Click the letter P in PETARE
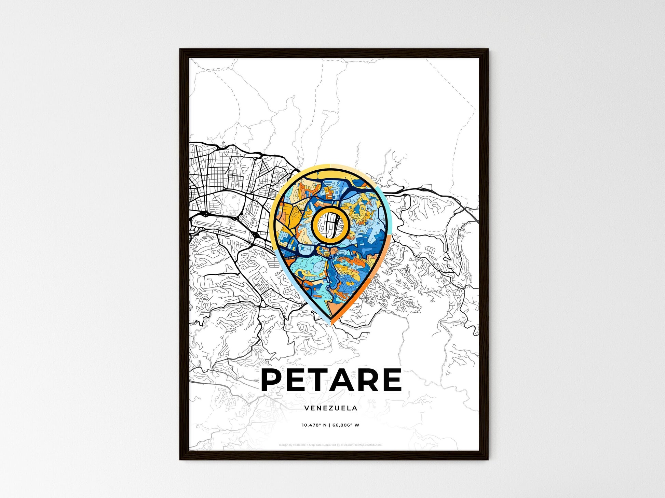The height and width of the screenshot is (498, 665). point(273,380)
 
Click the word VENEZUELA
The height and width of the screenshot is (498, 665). point(330,408)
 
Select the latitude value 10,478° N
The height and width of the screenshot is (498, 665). point(314,425)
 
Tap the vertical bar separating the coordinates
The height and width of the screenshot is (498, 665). point(330,425)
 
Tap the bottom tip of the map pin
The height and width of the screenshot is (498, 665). point(331,323)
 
